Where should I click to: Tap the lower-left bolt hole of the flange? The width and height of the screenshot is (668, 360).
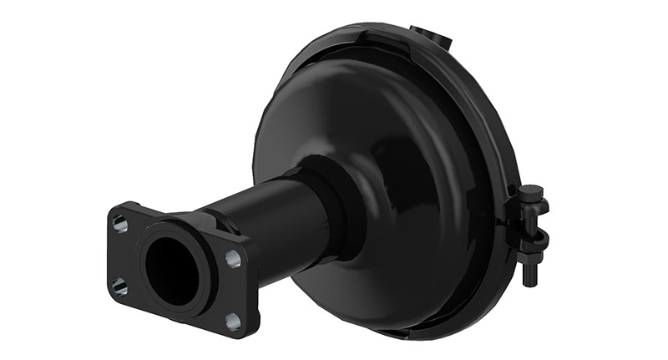[x=121, y=286]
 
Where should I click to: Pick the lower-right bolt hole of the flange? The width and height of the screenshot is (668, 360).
[x=233, y=321]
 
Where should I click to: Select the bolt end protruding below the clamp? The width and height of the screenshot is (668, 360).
[x=528, y=276]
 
